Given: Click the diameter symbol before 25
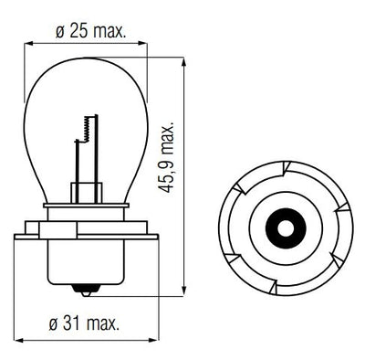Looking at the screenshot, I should (59, 32).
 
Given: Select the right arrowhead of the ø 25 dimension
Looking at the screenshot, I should (146, 43).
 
